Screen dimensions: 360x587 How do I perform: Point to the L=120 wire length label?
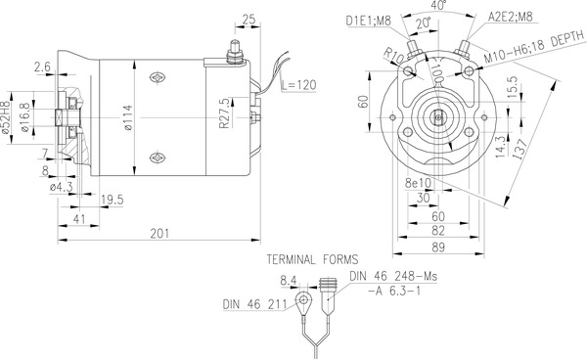(299, 86)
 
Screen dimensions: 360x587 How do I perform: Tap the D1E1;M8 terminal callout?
(367, 20)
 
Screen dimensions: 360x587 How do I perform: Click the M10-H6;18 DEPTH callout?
(528, 50)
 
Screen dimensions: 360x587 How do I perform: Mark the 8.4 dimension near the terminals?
(288, 281)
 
